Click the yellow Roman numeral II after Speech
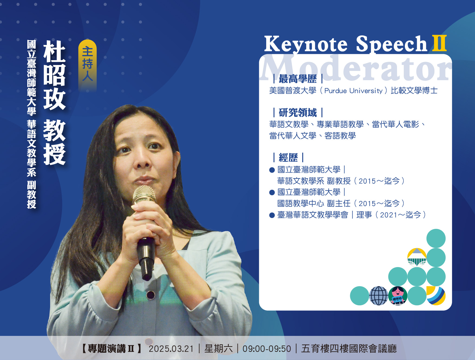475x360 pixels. point(439,43)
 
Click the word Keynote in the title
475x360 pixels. point(306,44)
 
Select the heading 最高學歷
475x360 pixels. point(298,79)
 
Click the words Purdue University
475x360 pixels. point(353,91)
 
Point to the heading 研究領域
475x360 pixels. point(298,112)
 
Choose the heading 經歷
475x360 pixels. point(288,157)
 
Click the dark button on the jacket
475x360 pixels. point(151,295)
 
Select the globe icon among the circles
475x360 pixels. point(379,296)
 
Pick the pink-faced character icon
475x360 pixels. point(398,296)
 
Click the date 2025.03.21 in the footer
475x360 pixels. point(171,349)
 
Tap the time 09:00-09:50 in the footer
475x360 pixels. point(267,349)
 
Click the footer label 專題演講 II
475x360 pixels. point(111,349)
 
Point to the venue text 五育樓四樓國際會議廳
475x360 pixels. point(349,349)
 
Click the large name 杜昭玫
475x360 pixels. point(54,75)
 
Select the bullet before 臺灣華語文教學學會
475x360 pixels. point(272,215)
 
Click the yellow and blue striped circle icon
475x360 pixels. point(436,296)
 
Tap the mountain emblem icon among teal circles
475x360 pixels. point(417,257)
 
